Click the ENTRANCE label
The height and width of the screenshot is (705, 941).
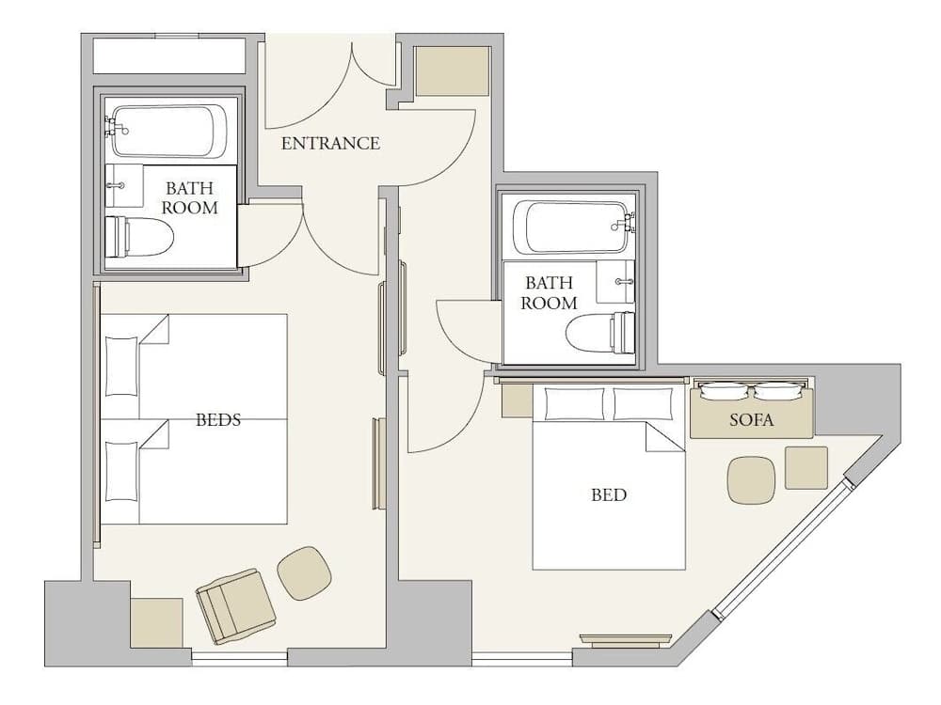coord(330,144)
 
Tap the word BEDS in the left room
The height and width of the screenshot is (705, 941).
coord(217,419)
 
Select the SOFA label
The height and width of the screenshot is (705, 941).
coord(751,420)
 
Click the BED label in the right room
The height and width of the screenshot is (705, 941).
coord(608,494)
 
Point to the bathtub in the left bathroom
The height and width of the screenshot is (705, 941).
coord(169,131)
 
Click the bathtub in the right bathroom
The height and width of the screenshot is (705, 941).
coord(570,227)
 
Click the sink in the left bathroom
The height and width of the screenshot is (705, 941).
coord(122,185)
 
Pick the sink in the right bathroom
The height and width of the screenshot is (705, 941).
coord(616,281)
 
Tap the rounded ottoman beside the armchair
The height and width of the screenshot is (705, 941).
coord(305,572)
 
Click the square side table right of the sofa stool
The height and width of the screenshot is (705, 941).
coord(806,467)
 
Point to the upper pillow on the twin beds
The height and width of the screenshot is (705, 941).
coord(121,366)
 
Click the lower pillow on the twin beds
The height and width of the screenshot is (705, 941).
coord(121,470)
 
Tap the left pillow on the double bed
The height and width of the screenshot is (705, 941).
coord(575,404)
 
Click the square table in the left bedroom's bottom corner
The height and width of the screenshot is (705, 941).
coord(156,621)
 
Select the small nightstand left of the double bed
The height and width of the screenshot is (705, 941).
coord(517,401)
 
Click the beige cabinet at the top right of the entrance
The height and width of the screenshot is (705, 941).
coord(453,70)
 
